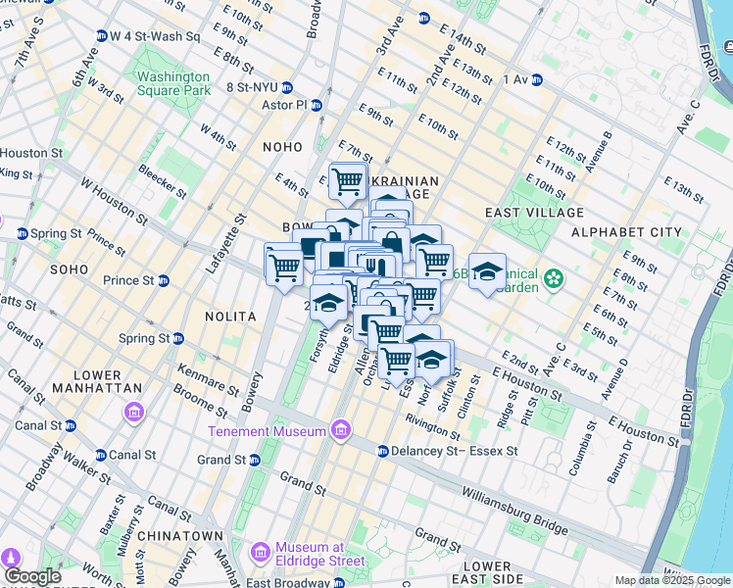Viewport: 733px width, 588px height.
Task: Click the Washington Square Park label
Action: [x=173, y=83]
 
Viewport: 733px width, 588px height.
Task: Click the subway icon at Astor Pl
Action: [x=317, y=105]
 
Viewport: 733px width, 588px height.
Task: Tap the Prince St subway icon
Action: [x=164, y=281]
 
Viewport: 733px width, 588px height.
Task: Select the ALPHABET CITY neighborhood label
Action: [x=626, y=232]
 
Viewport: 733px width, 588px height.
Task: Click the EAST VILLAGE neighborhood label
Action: [x=534, y=213]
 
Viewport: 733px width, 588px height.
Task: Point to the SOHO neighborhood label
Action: [x=70, y=269]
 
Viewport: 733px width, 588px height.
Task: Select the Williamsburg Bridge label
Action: [x=513, y=511]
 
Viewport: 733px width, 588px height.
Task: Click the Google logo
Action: [x=31, y=576]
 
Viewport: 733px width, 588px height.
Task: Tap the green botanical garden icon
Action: [x=555, y=278]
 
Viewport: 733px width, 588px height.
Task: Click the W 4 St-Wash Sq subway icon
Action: [x=102, y=36]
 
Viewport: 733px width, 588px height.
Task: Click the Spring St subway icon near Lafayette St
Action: [x=178, y=339]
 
